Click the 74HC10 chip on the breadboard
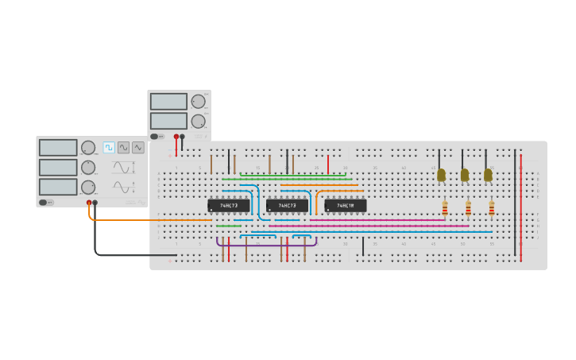(x=345, y=206)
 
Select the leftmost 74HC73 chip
(x=229, y=206)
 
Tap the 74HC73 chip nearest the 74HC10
(x=287, y=206)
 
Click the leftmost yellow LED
(x=442, y=175)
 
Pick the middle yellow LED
(x=465, y=175)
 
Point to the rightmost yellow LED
(x=488, y=175)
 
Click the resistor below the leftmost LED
(x=445, y=208)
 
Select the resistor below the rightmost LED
(x=491, y=208)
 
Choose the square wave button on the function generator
(x=109, y=147)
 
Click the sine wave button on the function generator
(x=123, y=147)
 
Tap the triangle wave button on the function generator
(x=138, y=147)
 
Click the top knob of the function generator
(x=88, y=147)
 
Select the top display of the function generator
(x=58, y=148)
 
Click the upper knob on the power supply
(x=198, y=101)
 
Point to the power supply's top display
(x=168, y=102)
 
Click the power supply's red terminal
(x=176, y=137)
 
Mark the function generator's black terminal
(x=95, y=203)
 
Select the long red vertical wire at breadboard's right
(x=521, y=207)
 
